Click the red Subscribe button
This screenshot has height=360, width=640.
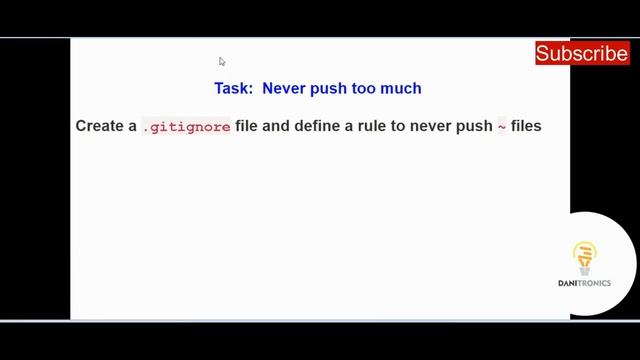pos(581,53)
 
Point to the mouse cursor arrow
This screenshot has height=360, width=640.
pos(222,61)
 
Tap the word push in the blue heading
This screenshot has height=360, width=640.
pos(330,88)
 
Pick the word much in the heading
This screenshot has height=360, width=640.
pos(403,88)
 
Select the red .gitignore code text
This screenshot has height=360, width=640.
pos(186,127)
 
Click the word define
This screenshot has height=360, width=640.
pos(317,127)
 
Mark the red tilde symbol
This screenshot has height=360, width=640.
pos(502,127)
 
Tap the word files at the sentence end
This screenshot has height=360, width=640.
pos(526,127)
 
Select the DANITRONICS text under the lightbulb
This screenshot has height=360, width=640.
pos(584,283)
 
